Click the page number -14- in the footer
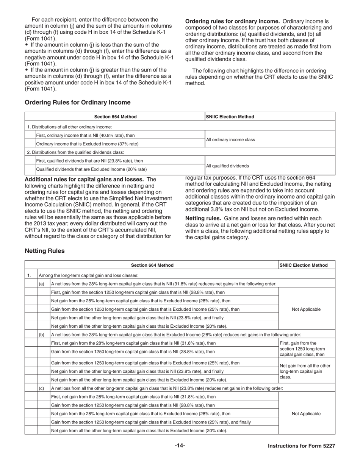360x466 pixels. pyautogui.click(x=180, y=446)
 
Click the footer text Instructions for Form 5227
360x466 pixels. pyautogui.click(x=301, y=446)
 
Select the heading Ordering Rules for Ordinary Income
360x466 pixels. pyautogui.click(x=77, y=102)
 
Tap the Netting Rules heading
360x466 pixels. pyautogui.click(x=44, y=251)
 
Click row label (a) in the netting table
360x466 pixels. pyautogui.click(x=42, y=284)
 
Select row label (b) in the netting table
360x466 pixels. pyautogui.click(x=42, y=335)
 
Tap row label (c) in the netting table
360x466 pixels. pyautogui.click(x=42, y=388)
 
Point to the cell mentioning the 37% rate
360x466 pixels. pyautogui.click(x=87, y=144)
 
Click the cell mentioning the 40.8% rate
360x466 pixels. pyautogui.click(x=85, y=135)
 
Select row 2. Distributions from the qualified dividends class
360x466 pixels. pyautogui.click(x=76, y=152)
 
